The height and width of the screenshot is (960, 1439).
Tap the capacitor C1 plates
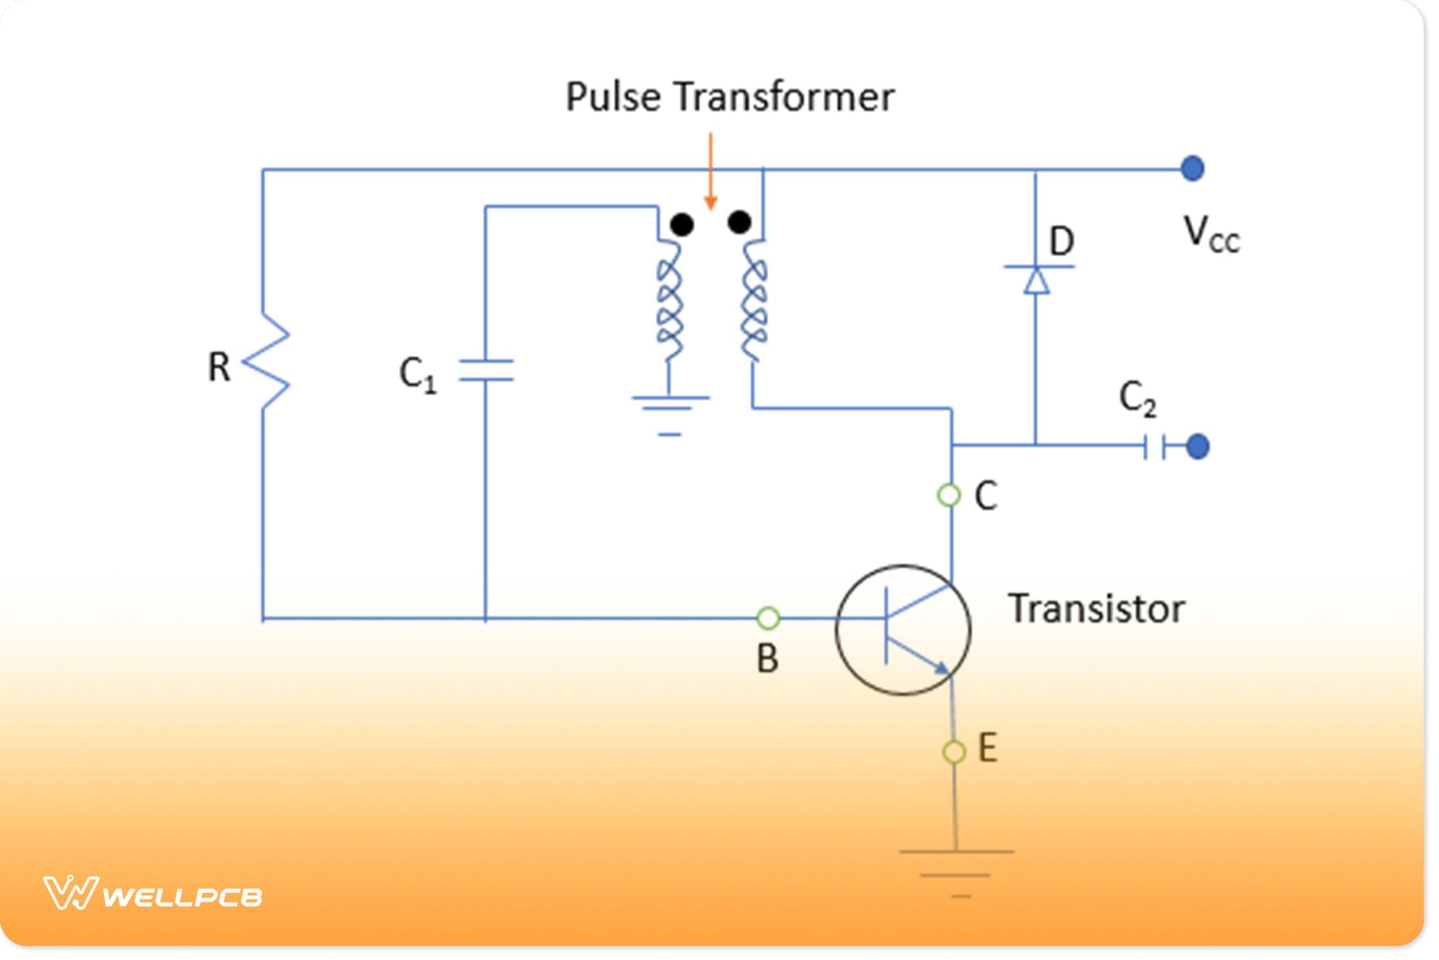[x=486, y=370]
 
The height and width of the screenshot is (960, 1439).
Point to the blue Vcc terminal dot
[x=1192, y=169]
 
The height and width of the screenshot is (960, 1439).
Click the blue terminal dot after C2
[x=1197, y=446]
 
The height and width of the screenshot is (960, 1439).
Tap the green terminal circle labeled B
[x=768, y=618]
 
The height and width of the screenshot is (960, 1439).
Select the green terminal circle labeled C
[x=949, y=495]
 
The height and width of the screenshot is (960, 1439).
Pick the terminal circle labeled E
[x=953, y=751]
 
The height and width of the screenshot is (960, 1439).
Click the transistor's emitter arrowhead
[x=941, y=666]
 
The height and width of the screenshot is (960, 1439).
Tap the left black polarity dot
[x=682, y=224]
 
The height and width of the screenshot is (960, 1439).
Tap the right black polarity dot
[x=739, y=223]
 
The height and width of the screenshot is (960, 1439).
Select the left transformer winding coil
[x=669, y=301]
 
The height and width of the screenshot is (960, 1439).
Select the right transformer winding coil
[x=754, y=301]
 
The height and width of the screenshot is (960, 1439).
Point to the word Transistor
[x=1096, y=609]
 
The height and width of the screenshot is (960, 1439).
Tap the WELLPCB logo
[x=152, y=894]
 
